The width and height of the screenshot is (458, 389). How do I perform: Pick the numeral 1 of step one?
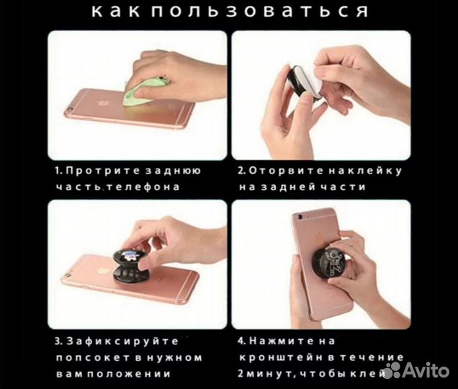click(x=57, y=171)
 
